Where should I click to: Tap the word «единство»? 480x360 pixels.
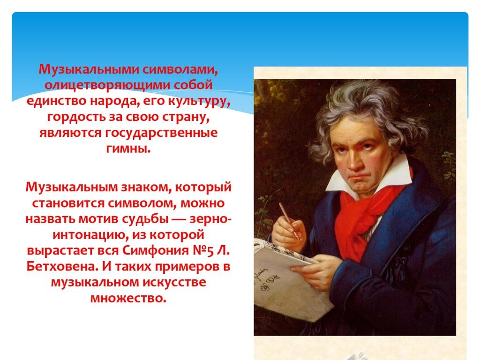tap(56, 101)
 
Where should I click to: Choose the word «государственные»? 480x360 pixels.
tap(161, 133)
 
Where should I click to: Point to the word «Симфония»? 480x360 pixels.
tap(156, 251)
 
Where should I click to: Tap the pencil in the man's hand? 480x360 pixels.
tap(289, 220)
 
